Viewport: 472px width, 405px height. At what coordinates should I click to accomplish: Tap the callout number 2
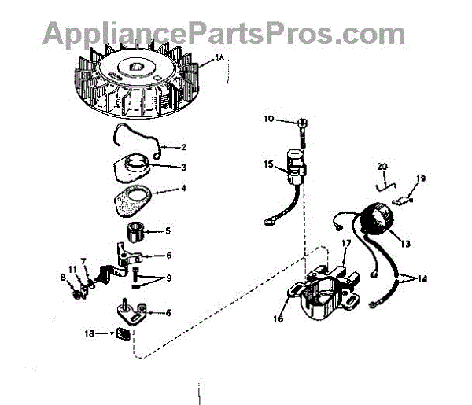pyautogui.click(x=184, y=146)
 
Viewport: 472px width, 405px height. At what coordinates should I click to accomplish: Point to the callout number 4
pyautogui.click(x=184, y=189)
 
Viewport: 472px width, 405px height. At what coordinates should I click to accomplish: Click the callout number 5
pyautogui.click(x=167, y=231)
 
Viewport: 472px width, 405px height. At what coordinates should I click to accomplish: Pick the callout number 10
pyautogui.click(x=268, y=120)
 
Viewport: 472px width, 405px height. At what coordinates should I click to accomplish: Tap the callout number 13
pyautogui.click(x=407, y=244)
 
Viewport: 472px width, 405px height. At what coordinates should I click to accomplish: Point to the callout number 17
pyautogui.click(x=345, y=245)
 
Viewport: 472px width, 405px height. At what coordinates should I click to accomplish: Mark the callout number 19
pyautogui.click(x=421, y=179)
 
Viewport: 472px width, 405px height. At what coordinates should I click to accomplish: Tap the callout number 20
pyautogui.click(x=383, y=167)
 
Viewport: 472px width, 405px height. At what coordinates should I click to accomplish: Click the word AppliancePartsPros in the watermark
pyautogui.click(x=181, y=34)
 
